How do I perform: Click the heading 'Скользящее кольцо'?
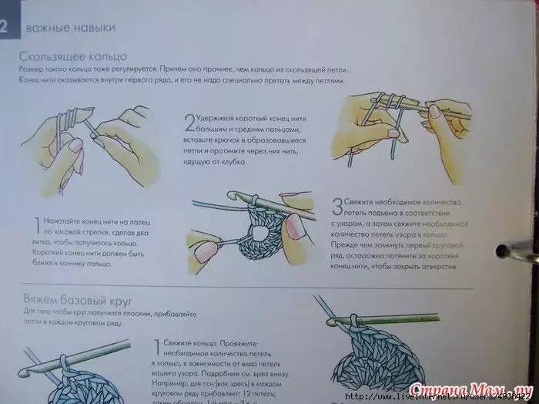pyautogui.click(x=73, y=56)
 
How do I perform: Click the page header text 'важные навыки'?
pyautogui.click(x=71, y=28)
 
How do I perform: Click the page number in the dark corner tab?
pyautogui.click(x=4, y=28)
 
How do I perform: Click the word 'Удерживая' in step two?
pyautogui.click(x=220, y=118)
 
